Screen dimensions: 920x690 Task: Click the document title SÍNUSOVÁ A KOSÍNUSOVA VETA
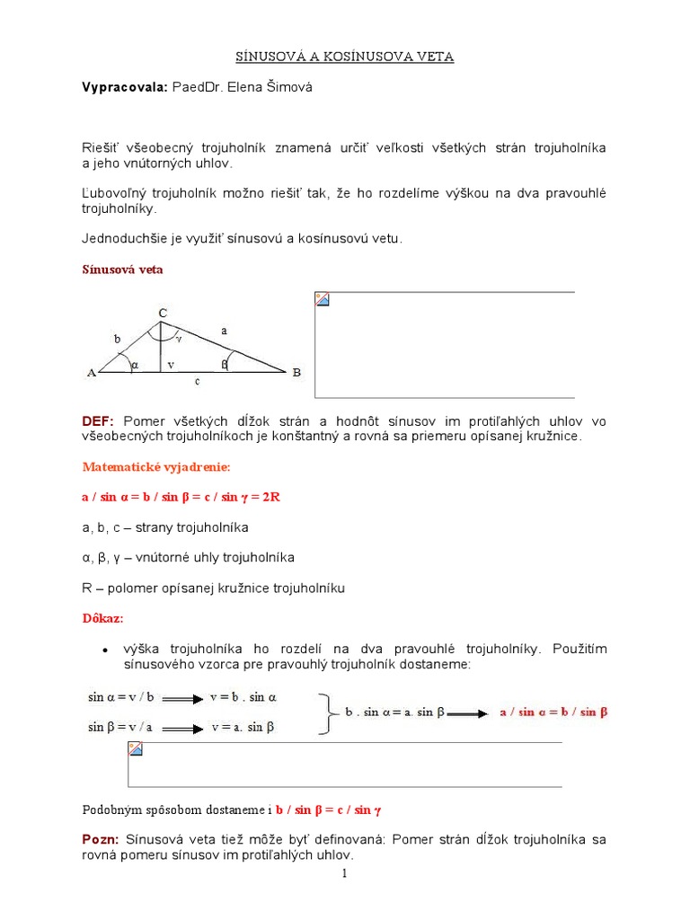pyautogui.click(x=345, y=57)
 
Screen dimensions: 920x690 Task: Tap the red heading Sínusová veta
pyautogui.click(x=123, y=269)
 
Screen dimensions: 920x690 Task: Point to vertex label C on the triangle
pyautogui.click(x=163, y=313)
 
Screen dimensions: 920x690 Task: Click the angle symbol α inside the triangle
pyautogui.click(x=134, y=365)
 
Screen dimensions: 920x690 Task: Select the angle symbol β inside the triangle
pyautogui.click(x=225, y=364)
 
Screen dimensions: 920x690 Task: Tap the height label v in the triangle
pyautogui.click(x=170, y=366)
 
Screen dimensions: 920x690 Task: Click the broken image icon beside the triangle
pyautogui.click(x=322, y=299)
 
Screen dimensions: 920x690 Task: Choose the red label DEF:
pyautogui.click(x=98, y=420)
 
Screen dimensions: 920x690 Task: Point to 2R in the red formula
pyautogui.click(x=270, y=497)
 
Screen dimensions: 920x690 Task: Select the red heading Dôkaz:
pyautogui.click(x=103, y=619)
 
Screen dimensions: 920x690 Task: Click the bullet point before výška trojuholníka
pyautogui.click(x=106, y=650)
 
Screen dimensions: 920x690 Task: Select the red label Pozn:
pyautogui.click(x=101, y=839)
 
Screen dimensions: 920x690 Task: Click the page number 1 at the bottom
pyautogui.click(x=344, y=873)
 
